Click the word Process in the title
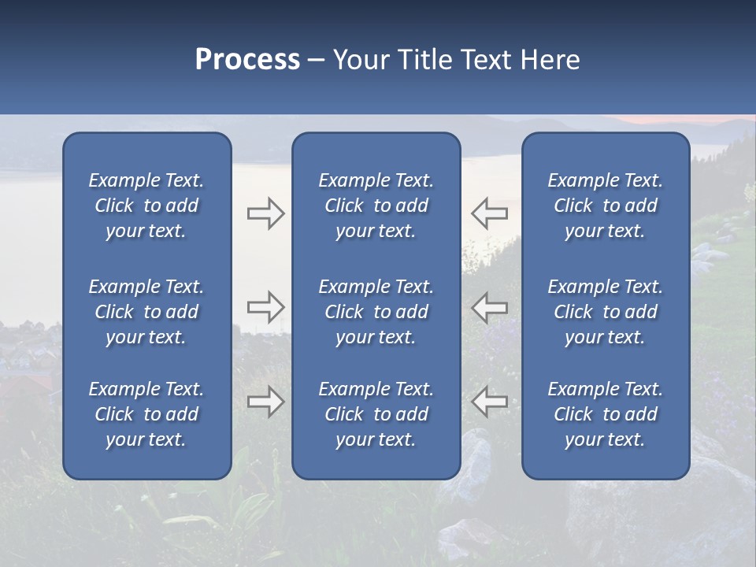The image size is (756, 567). click(x=247, y=60)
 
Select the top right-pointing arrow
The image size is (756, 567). click(x=265, y=213)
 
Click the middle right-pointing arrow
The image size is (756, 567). click(x=265, y=307)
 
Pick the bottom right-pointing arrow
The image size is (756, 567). click(x=265, y=402)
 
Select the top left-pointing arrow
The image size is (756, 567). click(x=489, y=213)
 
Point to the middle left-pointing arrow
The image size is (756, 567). click(x=489, y=307)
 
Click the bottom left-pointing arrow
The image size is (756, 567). click(x=489, y=402)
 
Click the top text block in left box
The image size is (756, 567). click(x=146, y=206)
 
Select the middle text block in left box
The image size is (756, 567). click(x=146, y=312)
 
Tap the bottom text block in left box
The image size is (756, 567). click(x=146, y=414)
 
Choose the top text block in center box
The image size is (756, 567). click(x=376, y=206)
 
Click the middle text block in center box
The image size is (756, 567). click(x=376, y=312)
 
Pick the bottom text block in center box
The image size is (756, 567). click(x=376, y=414)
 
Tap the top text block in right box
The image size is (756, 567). click(x=605, y=206)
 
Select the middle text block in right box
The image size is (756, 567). click(x=605, y=312)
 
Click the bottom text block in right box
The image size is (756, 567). click(x=605, y=414)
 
